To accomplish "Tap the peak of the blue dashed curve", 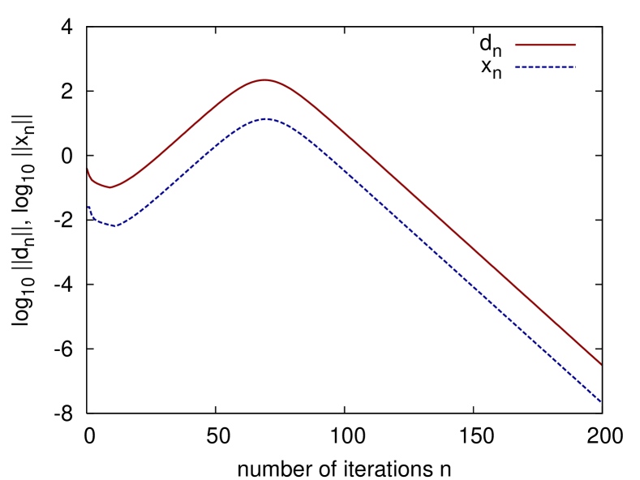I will click(265, 119).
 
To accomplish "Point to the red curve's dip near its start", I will click(110, 187).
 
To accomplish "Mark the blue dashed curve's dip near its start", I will click(114, 226).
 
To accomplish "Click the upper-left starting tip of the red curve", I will click(88, 169).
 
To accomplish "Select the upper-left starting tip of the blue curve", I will click(89, 208).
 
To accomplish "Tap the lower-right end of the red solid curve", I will click(600, 364).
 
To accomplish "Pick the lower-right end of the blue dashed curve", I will click(599, 401).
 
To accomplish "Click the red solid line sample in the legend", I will click(544, 45).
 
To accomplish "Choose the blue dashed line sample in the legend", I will click(544, 67).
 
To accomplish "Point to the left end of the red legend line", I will click(515, 45).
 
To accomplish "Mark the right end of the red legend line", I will click(574, 45).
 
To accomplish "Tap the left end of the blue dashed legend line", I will click(515, 67).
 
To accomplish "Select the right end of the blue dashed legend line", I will click(574, 67).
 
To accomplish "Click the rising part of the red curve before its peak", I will click(187, 129).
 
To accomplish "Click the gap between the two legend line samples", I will click(544, 56).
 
